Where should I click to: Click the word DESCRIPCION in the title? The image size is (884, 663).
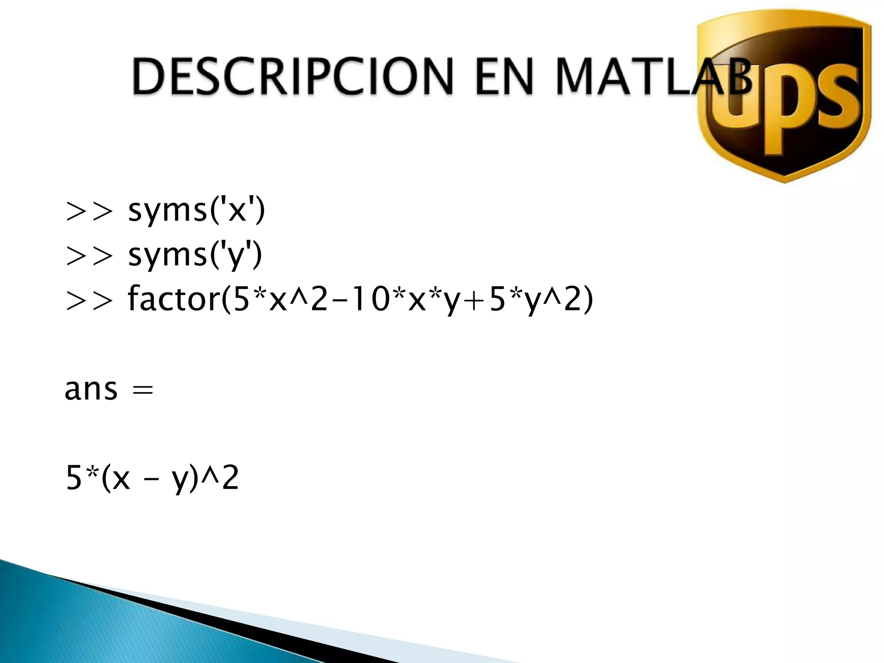[292, 76]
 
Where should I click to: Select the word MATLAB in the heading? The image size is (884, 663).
[652, 76]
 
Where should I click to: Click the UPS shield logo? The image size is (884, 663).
[783, 99]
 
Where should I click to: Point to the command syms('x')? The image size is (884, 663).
[196, 212]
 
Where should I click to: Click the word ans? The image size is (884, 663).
[91, 389]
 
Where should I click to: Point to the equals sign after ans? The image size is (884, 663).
[143, 390]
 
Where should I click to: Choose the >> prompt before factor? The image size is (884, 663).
[90, 300]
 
